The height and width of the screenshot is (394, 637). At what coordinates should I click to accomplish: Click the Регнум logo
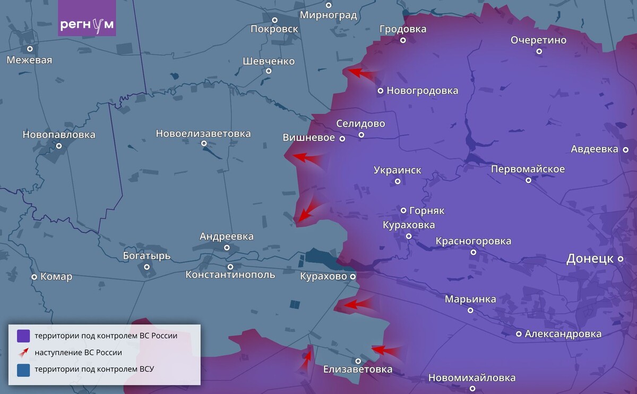point(87,25)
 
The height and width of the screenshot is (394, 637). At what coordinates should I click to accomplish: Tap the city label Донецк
point(590,259)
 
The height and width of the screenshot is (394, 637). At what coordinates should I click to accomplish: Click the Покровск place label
point(274,29)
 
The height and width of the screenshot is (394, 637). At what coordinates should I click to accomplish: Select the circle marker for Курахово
point(352,276)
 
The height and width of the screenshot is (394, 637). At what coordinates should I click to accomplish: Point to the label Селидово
point(360,123)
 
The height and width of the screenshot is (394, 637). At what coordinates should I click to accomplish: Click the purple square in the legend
point(23,336)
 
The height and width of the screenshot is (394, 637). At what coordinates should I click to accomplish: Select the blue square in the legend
point(23,370)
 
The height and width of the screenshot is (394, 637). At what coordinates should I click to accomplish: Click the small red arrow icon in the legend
point(23,353)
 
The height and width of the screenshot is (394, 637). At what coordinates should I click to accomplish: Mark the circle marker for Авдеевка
point(626,149)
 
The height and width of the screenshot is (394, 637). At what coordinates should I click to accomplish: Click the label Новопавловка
point(59,135)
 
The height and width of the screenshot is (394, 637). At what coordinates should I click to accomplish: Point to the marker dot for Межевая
point(30,49)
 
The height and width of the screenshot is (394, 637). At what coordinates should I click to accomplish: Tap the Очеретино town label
point(538,40)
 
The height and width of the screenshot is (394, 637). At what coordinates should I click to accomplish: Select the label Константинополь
point(230,275)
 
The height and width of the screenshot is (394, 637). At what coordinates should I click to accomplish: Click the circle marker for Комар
point(35,277)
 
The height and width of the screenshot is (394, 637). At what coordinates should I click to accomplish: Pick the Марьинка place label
point(470,299)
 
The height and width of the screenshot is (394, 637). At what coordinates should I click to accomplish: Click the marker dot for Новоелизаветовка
point(204,143)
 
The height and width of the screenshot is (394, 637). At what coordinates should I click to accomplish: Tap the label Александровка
point(563,334)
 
